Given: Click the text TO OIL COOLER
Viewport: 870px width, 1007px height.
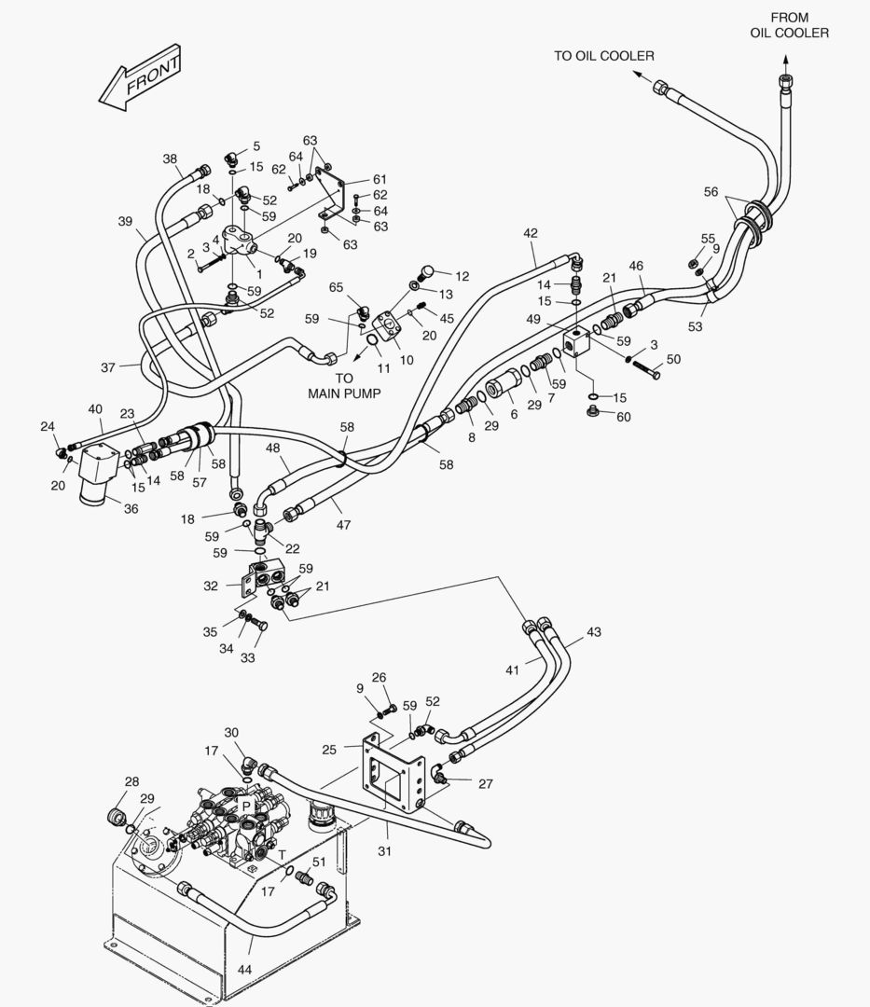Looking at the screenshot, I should pos(603,56).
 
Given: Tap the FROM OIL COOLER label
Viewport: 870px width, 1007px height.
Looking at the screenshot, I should pos(789,25).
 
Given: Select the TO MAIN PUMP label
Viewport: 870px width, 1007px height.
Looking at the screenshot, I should pos(344,386).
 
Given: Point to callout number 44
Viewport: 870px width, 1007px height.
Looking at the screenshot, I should pos(244,970).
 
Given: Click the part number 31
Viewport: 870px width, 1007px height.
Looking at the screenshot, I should pos(383,850).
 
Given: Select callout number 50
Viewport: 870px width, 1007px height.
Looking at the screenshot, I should pos(673,359).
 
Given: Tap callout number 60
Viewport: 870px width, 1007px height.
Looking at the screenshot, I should pos(623,417).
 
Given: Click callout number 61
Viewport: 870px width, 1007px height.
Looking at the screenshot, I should pos(379,179).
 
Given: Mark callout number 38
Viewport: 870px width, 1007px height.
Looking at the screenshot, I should pos(170,159).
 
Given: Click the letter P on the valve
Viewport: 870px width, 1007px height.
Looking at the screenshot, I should pos(246,805).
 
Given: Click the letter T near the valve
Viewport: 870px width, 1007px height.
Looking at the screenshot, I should pos(282,854).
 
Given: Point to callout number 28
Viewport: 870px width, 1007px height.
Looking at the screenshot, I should pos(131,781).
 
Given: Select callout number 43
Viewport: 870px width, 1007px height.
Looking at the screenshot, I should pos(593,632).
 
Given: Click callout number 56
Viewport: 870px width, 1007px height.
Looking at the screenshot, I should pos(711,191).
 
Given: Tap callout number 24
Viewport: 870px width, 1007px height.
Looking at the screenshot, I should pos(48,427).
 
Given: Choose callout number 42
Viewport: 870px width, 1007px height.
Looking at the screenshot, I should pos(531,233).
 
